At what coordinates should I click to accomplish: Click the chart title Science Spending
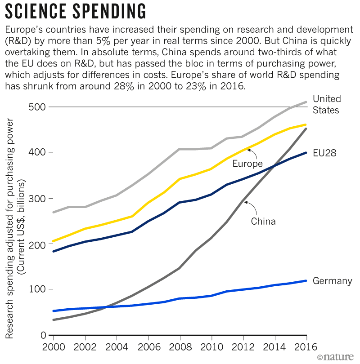click(x=75, y=10)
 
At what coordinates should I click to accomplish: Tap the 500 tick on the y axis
click(x=36, y=107)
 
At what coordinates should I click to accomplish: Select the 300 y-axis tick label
click(x=36, y=199)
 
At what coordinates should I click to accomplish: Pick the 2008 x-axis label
click(x=180, y=347)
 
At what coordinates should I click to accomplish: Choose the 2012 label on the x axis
click(x=243, y=347)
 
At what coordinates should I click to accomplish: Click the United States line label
click(x=327, y=104)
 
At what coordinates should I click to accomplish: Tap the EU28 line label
click(x=325, y=154)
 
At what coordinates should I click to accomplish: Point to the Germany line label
click(x=332, y=281)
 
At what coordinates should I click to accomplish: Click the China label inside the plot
click(x=263, y=221)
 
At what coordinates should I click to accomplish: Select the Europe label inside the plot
click(x=247, y=164)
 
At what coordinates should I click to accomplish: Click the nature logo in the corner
click(x=337, y=356)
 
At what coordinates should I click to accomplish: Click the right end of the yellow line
click(x=306, y=124)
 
